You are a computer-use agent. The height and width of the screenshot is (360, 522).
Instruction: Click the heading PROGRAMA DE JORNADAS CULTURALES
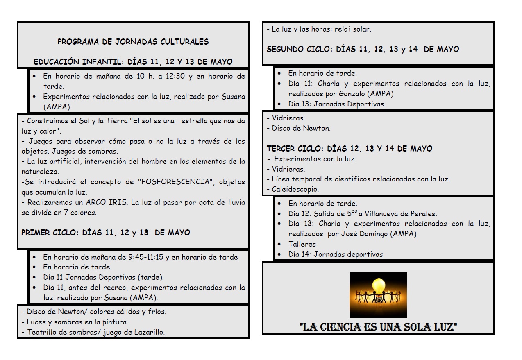(133, 41)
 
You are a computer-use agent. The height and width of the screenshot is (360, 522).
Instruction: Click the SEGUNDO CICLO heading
(299, 49)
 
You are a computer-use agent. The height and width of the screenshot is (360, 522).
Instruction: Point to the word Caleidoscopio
(295, 189)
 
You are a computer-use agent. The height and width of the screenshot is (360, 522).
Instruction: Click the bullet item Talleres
(302, 244)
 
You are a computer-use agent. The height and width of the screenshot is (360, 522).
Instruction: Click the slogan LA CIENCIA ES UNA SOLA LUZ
(378, 327)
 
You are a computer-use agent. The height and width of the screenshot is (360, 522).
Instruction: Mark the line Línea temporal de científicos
(361, 179)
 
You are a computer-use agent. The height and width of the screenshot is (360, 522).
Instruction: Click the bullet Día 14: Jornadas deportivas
(335, 254)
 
